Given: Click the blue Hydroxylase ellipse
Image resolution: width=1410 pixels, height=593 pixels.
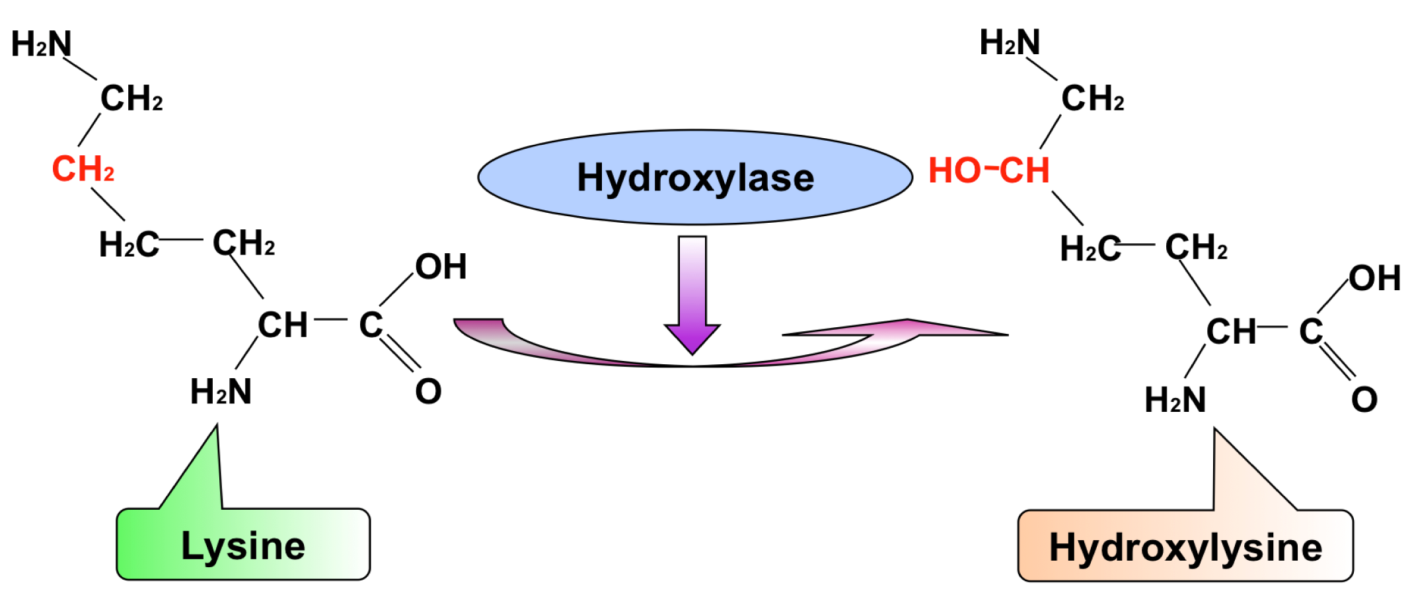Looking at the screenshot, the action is click(695, 177).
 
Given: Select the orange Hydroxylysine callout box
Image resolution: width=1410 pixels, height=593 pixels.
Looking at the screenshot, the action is click(1185, 545).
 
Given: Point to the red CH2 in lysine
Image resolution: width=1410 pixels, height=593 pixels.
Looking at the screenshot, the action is click(83, 169).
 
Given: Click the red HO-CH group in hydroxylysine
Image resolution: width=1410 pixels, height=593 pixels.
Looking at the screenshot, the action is click(989, 171).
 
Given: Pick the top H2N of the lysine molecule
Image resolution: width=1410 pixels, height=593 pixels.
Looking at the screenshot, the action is click(42, 44).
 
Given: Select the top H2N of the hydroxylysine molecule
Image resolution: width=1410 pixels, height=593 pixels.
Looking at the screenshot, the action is click(1010, 42).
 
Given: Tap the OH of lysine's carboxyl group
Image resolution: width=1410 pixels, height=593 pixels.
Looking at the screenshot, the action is click(441, 266).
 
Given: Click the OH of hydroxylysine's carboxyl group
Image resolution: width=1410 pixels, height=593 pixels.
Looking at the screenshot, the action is click(1375, 278).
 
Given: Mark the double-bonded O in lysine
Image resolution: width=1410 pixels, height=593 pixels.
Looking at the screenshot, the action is click(428, 391).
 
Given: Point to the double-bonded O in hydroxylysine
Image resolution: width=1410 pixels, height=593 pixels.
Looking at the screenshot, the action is click(1364, 400).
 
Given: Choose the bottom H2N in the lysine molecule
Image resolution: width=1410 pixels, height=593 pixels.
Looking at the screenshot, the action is click(221, 391).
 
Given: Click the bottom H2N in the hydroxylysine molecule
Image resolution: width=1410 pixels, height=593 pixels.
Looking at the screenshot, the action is click(1175, 400).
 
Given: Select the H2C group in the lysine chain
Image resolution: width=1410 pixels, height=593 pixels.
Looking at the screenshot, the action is click(129, 245).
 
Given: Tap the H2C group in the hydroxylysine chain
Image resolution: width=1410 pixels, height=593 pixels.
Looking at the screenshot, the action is click(1090, 249).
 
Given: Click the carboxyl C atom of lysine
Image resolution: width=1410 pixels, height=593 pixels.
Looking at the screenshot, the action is click(371, 325).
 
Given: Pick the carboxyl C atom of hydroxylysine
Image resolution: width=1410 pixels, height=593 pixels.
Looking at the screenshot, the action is click(1311, 331).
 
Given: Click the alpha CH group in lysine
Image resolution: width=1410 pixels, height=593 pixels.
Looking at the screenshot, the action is click(283, 325).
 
